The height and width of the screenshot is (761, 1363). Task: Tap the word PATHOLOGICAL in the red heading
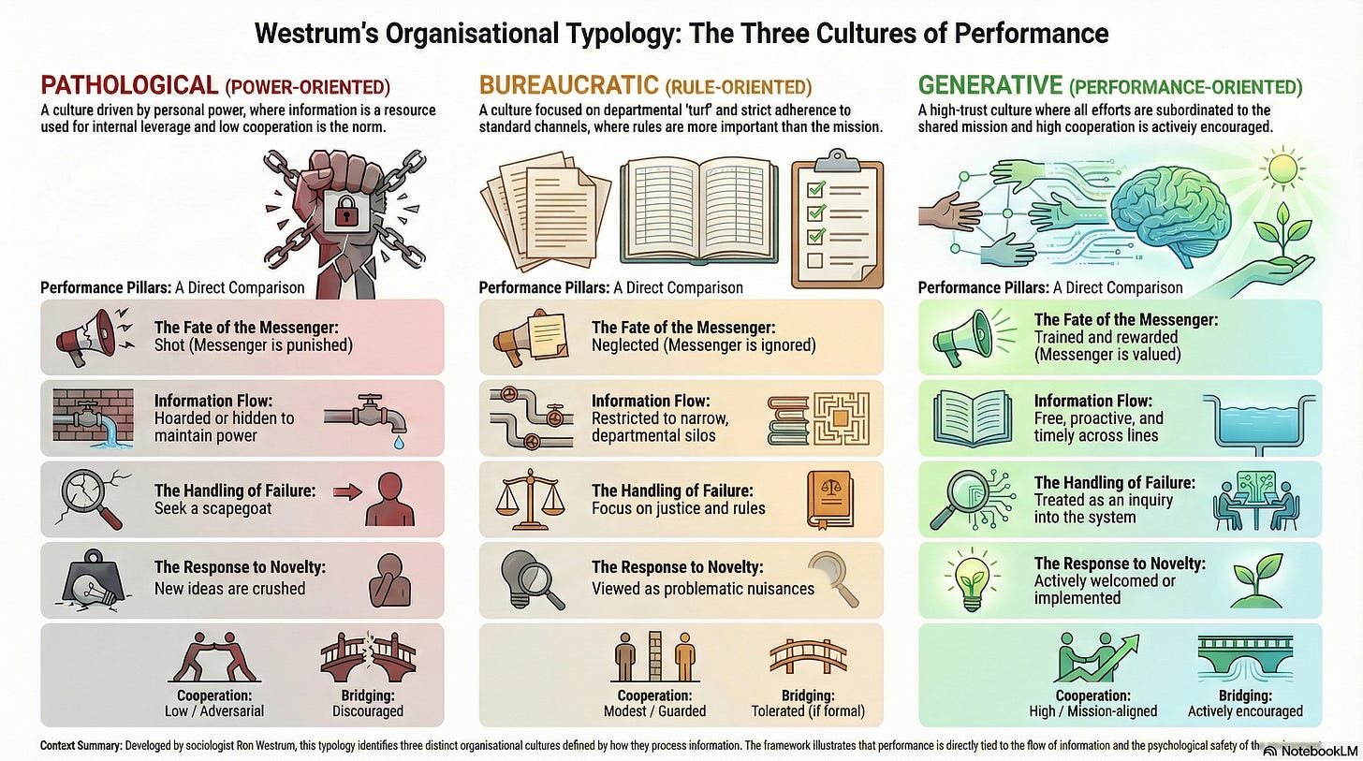(x=128, y=86)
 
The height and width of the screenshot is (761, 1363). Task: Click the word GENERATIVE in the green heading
(x=989, y=86)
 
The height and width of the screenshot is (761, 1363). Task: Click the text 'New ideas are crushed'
(x=229, y=589)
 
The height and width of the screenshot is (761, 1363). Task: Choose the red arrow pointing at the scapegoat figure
(x=346, y=492)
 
